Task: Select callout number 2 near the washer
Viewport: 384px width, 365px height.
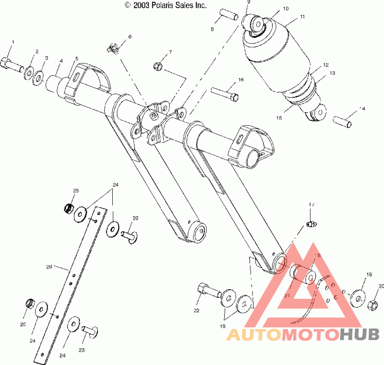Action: tap(36, 51)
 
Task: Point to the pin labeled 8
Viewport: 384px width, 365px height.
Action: tap(228, 15)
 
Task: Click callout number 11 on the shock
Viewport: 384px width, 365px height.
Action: tap(302, 16)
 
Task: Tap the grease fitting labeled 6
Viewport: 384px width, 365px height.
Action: tap(113, 47)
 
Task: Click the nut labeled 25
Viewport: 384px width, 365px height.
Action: tap(69, 208)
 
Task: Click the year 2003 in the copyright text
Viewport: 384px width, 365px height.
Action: tap(142, 5)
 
